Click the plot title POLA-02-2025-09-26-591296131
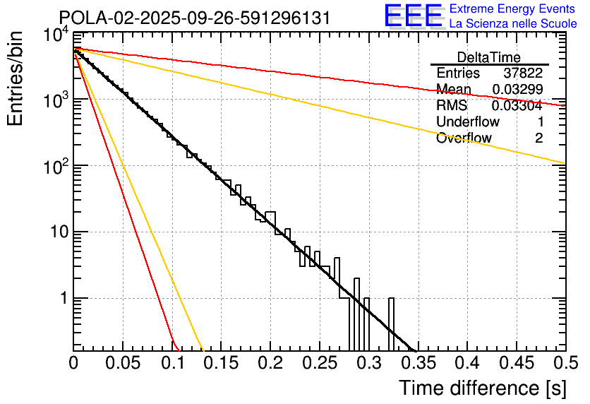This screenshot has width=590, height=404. click(x=194, y=18)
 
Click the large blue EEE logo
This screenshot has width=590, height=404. click(x=414, y=16)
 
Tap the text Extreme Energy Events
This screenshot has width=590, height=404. click(x=513, y=9)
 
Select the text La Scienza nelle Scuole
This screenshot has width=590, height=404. click(x=513, y=23)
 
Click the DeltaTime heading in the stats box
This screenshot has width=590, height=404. click(x=489, y=57)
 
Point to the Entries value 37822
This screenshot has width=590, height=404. click(x=523, y=73)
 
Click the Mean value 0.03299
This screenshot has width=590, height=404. click(x=517, y=90)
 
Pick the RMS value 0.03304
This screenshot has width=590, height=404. click(x=517, y=106)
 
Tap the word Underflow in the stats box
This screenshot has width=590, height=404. click(x=468, y=122)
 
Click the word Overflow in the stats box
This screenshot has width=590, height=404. click(x=464, y=138)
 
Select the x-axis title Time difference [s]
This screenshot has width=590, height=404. click(x=482, y=388)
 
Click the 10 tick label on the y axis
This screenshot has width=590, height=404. click(x=54, y=232)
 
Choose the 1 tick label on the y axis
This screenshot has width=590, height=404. click(x=62, y=298)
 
